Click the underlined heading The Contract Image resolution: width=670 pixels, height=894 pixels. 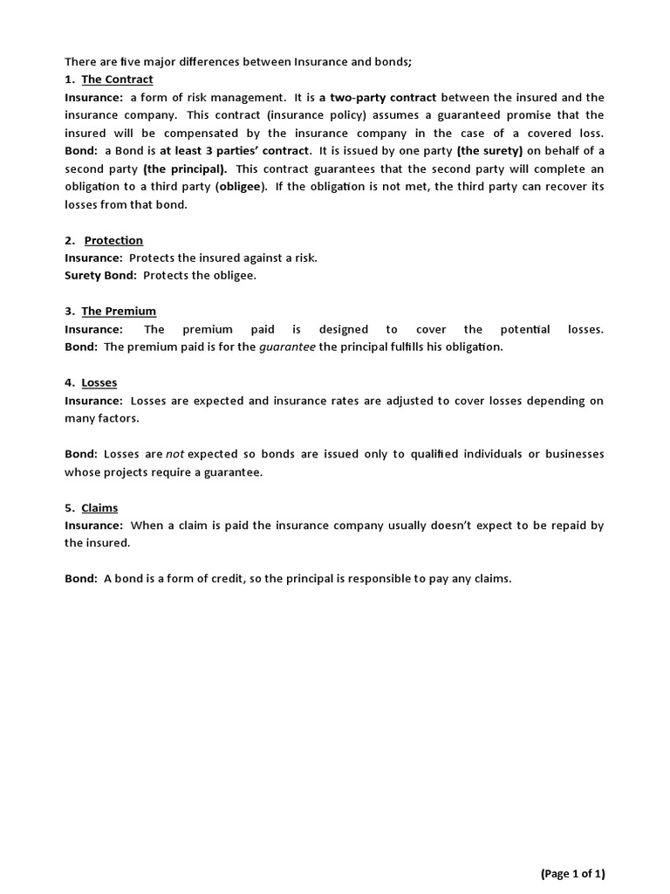117,79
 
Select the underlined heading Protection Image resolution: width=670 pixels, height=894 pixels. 113,240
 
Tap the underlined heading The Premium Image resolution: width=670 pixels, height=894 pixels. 119,311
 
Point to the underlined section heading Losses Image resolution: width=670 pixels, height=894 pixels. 99,382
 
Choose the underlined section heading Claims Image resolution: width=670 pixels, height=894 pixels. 99,507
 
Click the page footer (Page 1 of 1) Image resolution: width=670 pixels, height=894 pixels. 572,873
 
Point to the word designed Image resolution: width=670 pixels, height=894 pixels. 344,329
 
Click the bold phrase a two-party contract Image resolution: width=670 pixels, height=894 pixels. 378,97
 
